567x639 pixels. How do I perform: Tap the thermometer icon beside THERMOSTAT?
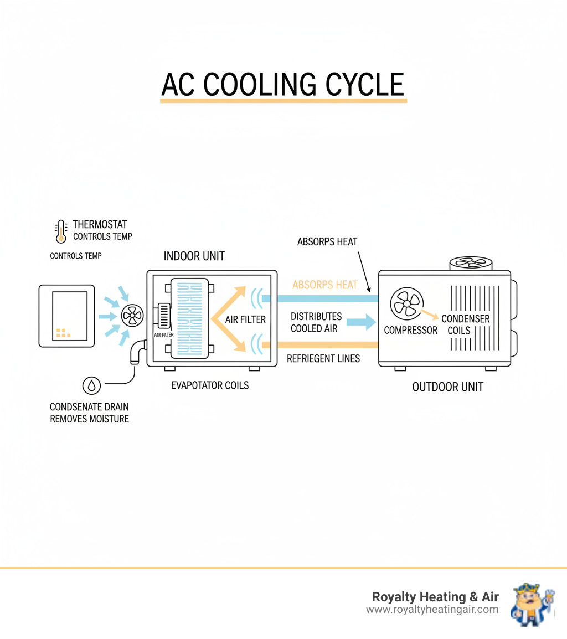pyautogui.click(x=60, y=231)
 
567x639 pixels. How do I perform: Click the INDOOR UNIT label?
pyautogui.click(x=194, y=256)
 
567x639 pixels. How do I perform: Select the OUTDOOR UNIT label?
pyautogui.click(x=447, y=387)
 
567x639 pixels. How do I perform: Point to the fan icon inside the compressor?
pyautogui.click(x=407, y=303)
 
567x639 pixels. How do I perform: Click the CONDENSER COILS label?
pyautogui.click(x=465, y=324)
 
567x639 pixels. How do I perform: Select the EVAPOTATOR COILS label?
pyautogui.click(x=210, y=385)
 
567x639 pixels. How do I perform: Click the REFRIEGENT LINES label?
pyautogui.click(x=323, y=359)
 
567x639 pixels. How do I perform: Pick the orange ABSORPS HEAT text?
pyautogui.click(x=324, y=285)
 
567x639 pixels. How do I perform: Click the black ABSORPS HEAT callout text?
pyautogui.click(x=327, y=242)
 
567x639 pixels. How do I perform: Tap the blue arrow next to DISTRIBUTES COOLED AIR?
pyautogui.click(x=361, y=321)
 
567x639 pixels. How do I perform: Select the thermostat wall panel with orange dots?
pyautogui.click(x=66, y=316)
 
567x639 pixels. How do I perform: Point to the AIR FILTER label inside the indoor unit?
pyautogui.click(x=245, y=319)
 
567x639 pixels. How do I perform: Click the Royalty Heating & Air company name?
pyautogui.click(x=435, y=596)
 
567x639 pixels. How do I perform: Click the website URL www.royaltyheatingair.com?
pyautogui.click(x=432, y=610)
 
